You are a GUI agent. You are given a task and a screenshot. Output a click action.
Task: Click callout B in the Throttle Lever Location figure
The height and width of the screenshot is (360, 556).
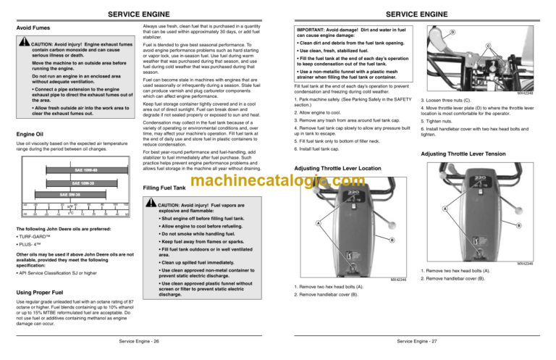392,240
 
